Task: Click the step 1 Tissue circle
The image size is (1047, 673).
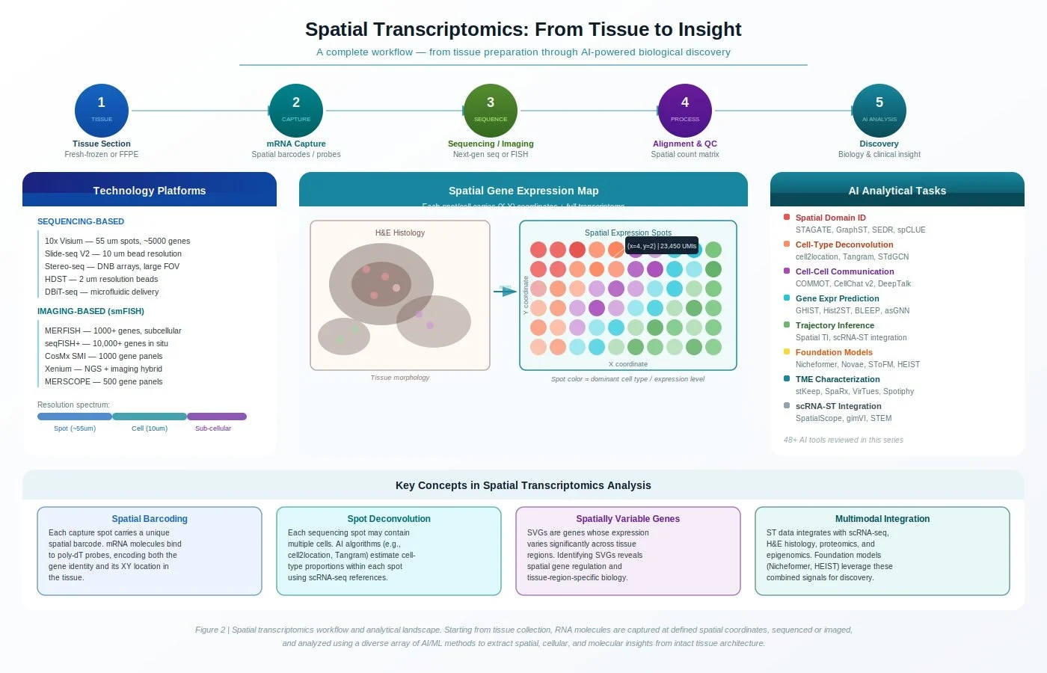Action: click(x=102, y=111)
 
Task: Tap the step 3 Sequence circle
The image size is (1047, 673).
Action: click(x=491, y=111)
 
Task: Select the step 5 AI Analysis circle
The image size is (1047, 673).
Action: click(x=879, y=111)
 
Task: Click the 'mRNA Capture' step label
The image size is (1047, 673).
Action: click(x=296, y=144)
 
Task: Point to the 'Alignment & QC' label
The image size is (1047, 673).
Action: click(x=685, y=144)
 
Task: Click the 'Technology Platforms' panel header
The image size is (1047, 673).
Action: click(x=150, y=191)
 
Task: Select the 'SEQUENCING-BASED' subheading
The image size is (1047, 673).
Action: click(x=81, y=221)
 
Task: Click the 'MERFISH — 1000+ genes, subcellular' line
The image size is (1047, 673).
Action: click(x=113, y=331)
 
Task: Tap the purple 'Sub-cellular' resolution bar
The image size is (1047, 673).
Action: click(x=217, y=417)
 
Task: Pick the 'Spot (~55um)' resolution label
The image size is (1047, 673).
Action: click(x=75, y=428)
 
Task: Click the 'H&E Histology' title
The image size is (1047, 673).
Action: click(x=400, y=233)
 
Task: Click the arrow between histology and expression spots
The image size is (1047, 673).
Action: click(x=505, y=291)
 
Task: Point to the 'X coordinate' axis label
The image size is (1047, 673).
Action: click(x=628, y=364)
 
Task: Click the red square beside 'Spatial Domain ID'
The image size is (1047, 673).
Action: click(x=787, y=217)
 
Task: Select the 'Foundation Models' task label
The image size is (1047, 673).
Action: click(x=834, y=352)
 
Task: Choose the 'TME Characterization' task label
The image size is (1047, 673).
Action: click(x=838, y=379)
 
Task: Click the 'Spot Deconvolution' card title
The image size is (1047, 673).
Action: click(x=389, y=519)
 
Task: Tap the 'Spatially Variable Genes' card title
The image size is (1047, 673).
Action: click(x=628, y=519)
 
